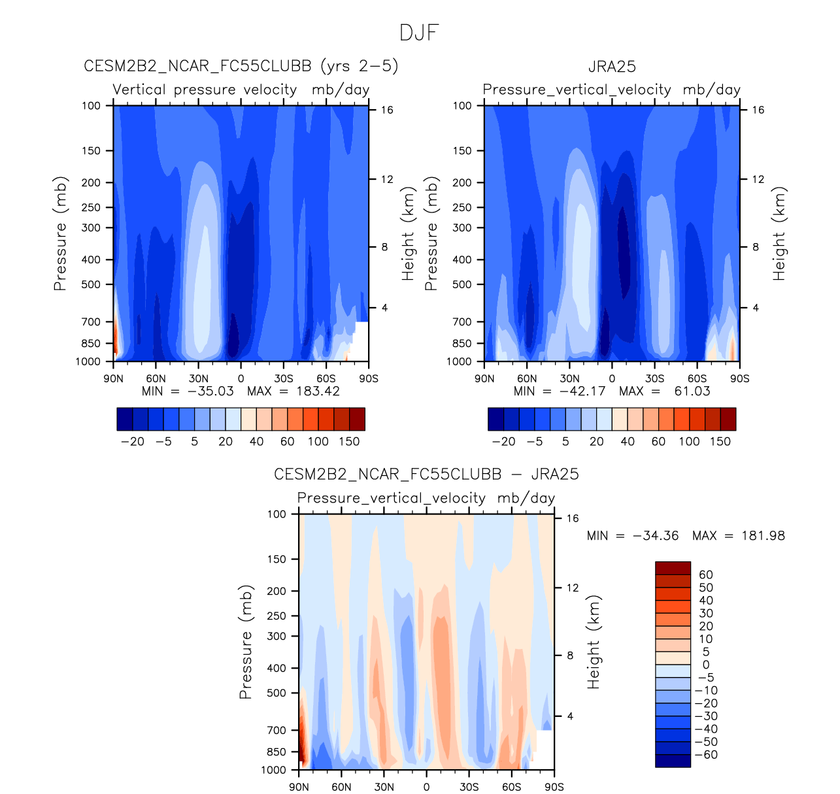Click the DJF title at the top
coord(419,33)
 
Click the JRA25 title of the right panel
coord(612,67)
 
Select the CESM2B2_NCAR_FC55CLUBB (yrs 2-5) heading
coord(241,67)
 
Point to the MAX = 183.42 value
coord(294,391)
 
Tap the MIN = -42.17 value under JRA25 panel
coord(560,391)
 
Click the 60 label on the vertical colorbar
coord(706,575)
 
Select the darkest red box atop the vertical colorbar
coord(673,568)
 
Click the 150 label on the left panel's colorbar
coord(349,442)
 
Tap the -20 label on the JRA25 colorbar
coord(503,442)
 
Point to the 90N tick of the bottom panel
coord(299,787)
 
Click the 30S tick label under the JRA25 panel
coord(654,378)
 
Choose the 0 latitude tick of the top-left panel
coord(241,378)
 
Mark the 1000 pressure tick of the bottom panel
coord(274,770)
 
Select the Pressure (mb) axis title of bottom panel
coord(246,642)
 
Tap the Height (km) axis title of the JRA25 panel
coord(779,234)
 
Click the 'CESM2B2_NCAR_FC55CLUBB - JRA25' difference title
coord(426,474)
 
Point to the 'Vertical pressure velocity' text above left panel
coord(205,90)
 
